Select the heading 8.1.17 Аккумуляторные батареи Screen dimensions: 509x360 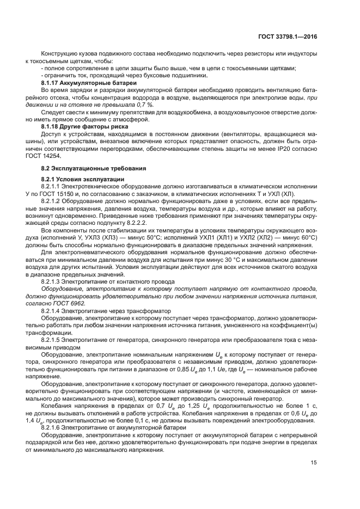88,82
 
